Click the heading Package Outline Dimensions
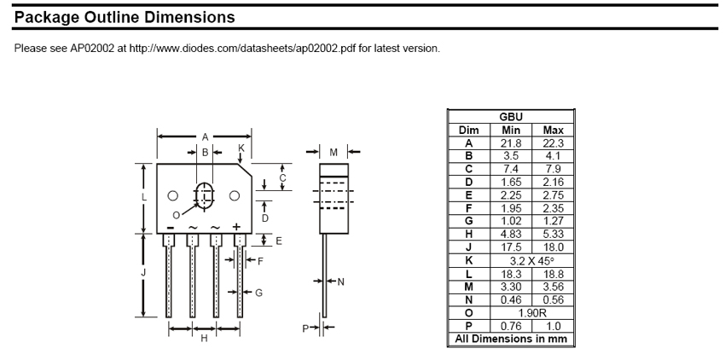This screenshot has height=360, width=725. click(x=125, y=16)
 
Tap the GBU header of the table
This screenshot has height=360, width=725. click(x=510, y=117)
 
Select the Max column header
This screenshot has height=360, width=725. click(x=553, y=131)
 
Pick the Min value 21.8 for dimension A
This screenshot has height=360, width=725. click(x=510, y=143)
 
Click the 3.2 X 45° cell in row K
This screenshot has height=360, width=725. click(x=531, y=260)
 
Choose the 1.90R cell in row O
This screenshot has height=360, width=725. click(x=531, y=312)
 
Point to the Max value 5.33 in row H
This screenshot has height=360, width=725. click(x=553, y=234)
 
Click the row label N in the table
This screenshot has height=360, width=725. click(x=468, y=299)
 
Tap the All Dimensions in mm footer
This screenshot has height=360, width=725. click(x=510, y=339)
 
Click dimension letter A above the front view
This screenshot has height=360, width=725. click(x=205, y=136)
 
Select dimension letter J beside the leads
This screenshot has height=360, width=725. click(x=144, y=272)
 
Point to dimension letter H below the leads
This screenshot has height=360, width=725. click(x=204, y=339)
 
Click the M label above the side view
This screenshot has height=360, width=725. click(x=333, y=153)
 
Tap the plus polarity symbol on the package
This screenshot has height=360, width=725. click(x=236, y=227)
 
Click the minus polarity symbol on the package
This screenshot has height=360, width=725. click(x=171, y=228)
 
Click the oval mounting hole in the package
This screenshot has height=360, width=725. click(x=204, y=195)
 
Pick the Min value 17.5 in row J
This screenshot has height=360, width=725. click(x=510, y=247)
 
